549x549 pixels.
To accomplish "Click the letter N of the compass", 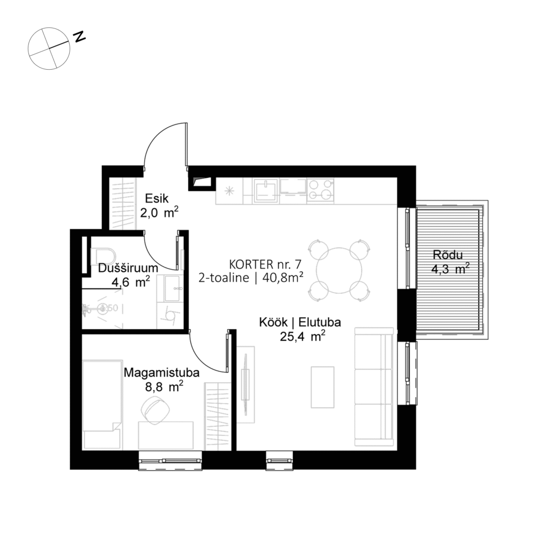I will pyautogui.click(x=80, y=36).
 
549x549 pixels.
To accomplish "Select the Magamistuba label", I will pyautogui.click(x=154, y=372).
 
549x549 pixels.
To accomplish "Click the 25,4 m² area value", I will pyautogui.click(x=303, y=336).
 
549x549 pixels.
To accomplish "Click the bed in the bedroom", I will pyautogui.click(x=102, y=404).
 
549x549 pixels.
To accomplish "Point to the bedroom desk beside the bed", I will pyautogui.click(x=166, y=435).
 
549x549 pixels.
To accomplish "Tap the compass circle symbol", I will pyautogui.click(x=49, y=49).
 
